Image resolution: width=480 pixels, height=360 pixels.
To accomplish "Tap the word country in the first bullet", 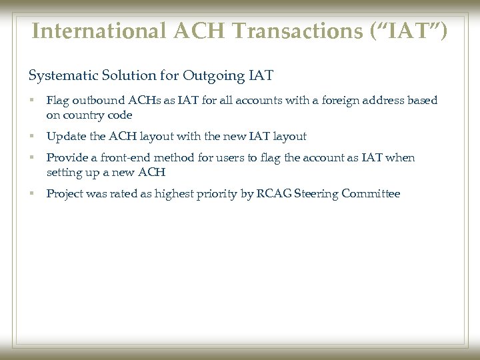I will click(x=82, y=115).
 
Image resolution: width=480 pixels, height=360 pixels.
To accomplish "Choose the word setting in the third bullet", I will click(x=64, y=172).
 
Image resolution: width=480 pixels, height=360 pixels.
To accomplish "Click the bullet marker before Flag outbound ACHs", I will click(x=31, y=101).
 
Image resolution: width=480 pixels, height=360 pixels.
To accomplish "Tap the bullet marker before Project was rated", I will click(x=31, y=194).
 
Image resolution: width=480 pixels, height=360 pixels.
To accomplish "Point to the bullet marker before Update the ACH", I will click(x=31, y=137).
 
